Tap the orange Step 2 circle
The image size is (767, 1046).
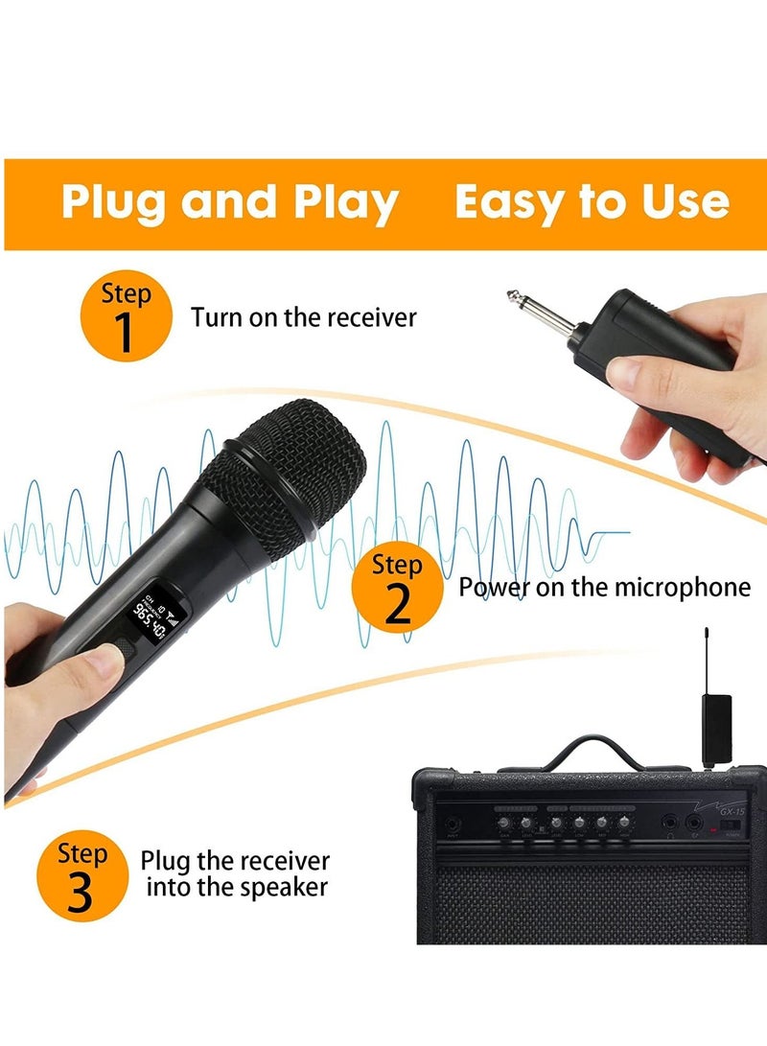pyautogui.click(x=396, y=589)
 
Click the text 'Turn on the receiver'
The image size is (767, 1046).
pyautogui.click(x=304, y=316)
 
